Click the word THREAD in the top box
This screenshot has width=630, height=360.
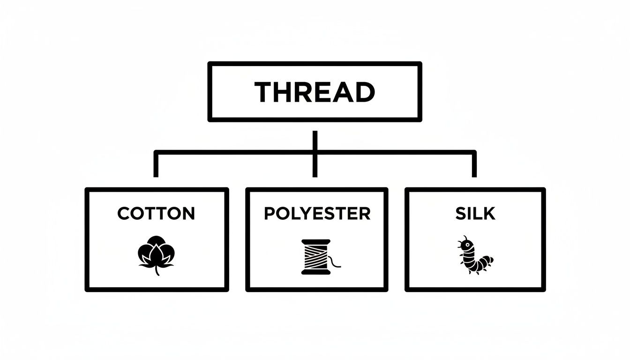tap(315, 92)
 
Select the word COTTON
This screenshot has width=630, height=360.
tap(156, 214)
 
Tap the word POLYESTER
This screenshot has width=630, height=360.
tap(317, 214)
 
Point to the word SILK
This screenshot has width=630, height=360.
tap(475, 214)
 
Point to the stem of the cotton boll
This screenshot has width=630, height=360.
tap(157, 271)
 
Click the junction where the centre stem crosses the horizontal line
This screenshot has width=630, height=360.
tap(315, 152)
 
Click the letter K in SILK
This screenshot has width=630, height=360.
tap(489, 214)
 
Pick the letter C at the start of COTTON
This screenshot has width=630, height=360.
tap(123, 214)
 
